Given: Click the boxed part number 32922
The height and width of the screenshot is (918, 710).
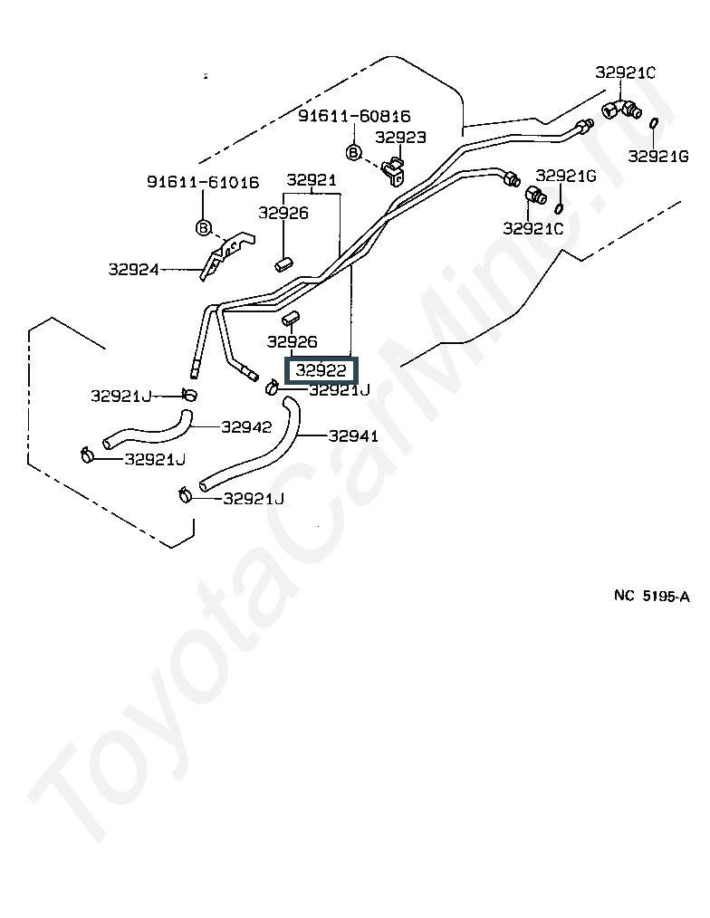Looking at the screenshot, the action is coord(321,370).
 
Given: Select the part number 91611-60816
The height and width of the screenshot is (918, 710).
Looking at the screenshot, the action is coord(354,115).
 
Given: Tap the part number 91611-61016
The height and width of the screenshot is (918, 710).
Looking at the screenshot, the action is coord(203,182).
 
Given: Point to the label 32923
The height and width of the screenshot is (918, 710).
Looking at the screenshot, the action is coord(400,137).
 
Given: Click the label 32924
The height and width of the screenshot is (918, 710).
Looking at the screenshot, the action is coord(133,269).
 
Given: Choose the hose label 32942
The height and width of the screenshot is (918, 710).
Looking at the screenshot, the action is coord(246,426).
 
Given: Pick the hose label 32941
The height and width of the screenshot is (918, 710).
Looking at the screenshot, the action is coord(353,435).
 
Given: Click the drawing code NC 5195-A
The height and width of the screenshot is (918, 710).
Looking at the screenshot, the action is coord(652,596).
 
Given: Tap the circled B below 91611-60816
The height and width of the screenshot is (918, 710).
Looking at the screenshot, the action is coord(353,153).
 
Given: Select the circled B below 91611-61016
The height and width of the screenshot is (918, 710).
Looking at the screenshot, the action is coord(203,227).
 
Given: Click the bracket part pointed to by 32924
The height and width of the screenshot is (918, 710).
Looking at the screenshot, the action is coord(227,255).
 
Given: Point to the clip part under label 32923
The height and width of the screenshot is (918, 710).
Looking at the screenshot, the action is coord(394,171).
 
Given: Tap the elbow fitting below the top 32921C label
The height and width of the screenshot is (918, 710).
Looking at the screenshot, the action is coord(621,109).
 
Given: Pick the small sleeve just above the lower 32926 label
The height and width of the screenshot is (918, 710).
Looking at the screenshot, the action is coord(291,319).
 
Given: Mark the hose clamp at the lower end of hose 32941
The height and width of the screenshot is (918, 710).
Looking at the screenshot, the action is coord(185,495).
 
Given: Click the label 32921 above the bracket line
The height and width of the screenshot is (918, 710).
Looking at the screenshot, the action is coord(312,180).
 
